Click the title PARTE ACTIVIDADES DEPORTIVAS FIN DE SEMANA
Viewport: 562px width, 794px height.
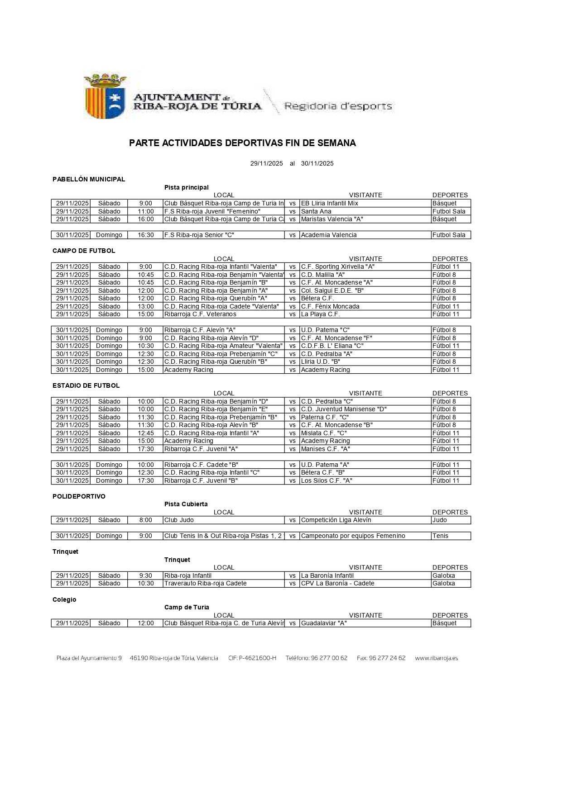[242, 143]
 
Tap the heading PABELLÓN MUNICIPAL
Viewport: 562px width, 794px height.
[89, 179]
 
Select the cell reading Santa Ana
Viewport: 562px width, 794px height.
[316, 211]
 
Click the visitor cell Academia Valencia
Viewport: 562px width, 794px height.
[329, 235]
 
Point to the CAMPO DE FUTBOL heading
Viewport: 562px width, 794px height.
[84, 251]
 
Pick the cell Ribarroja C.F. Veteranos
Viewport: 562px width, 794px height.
[200, 314]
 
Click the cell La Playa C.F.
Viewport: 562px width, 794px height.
[320, 314]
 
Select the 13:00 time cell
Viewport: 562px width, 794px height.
[146, 306]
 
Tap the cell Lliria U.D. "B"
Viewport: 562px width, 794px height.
[321, 361]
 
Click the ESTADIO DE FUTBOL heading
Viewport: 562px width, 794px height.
[86, 385]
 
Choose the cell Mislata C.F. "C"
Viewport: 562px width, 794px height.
[324, 433]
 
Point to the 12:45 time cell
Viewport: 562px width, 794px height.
[146, 433]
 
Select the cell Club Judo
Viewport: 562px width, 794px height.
[179, 520]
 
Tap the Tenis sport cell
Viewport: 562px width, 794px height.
[440, 536]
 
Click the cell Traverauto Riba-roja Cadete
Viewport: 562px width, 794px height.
[205, 583]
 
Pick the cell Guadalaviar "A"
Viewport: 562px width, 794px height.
[324, 623]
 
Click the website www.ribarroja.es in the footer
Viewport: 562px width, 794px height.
[436, 658]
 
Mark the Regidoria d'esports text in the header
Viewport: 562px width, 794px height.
[338, 106]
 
